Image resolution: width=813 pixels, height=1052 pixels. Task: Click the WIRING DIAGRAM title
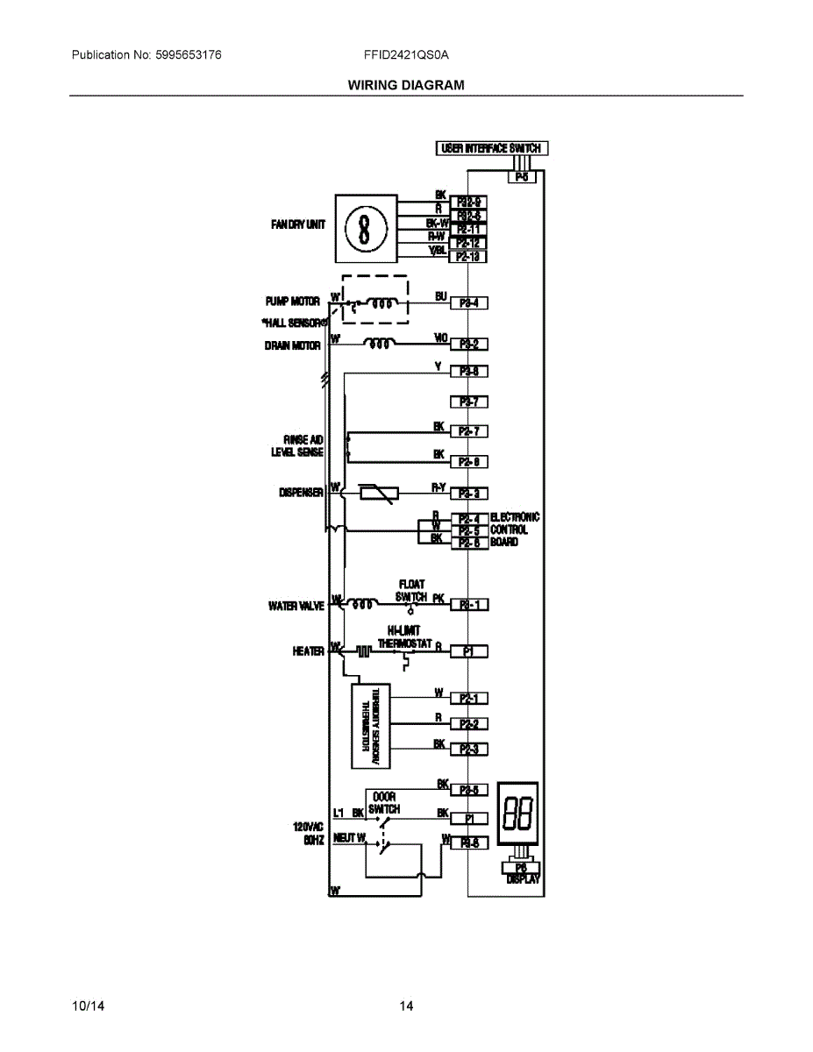coord(406,85)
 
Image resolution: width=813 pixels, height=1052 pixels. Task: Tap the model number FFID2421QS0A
coord(406,55)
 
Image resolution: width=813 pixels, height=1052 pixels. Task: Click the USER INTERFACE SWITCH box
coord(492,148)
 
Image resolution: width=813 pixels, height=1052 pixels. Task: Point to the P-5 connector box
coord(522,177)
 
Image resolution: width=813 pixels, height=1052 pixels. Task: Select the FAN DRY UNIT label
coord(298,224)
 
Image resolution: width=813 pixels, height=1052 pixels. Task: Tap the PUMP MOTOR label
coord(293,301)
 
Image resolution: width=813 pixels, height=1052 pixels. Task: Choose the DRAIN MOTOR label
coord(293,345)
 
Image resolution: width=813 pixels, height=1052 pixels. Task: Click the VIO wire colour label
coord(441,337)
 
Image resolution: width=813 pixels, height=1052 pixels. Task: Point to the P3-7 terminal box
coord(468,402)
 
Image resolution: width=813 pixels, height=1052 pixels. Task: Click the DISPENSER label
coord(302,493)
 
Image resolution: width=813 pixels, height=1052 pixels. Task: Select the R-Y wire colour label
coord(440,486)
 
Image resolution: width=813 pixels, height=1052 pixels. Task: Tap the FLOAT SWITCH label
coord(411,590)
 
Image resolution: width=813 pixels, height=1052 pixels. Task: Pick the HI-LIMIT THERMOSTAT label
coord(404,636)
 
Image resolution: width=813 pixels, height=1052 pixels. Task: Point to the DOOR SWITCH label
coord(384,803)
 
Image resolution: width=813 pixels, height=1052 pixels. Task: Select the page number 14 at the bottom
coord(406,1006)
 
